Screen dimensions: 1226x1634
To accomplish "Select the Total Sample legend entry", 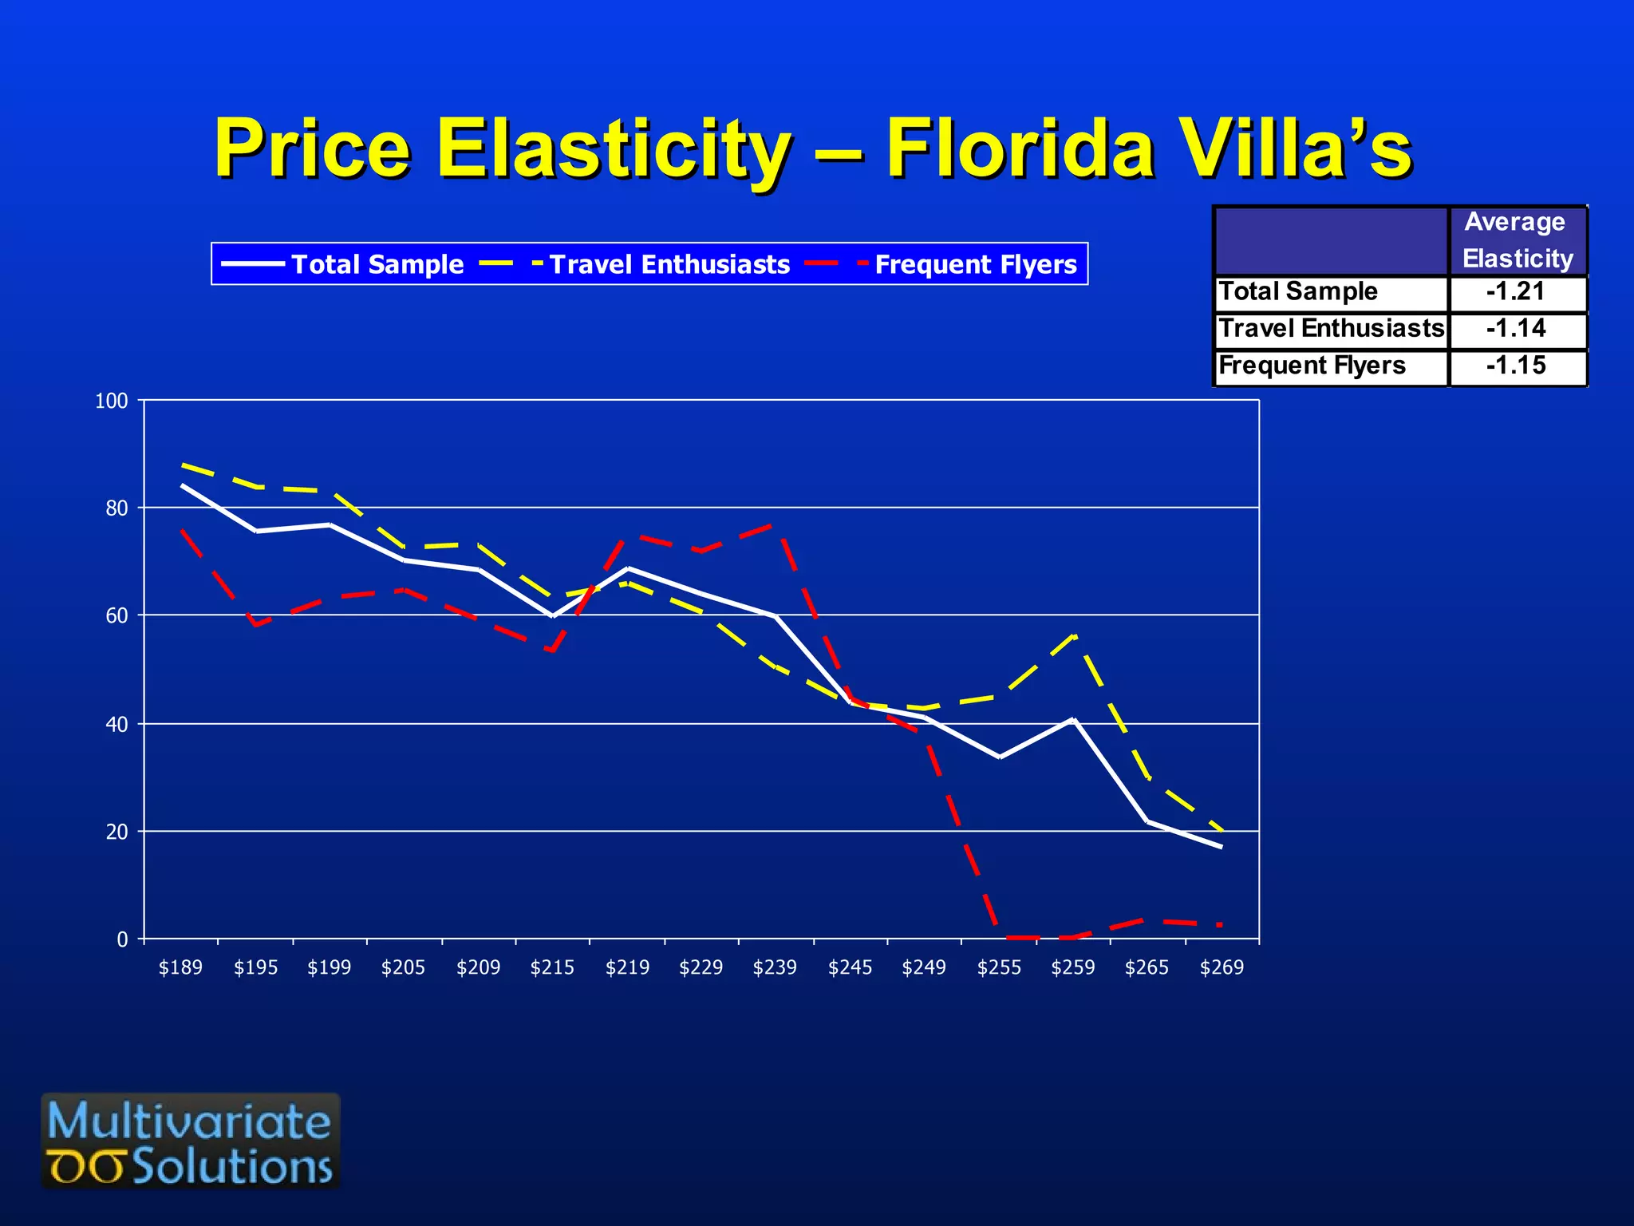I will pos(343,264).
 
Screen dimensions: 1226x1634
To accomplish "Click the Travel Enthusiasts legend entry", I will pos(636,264).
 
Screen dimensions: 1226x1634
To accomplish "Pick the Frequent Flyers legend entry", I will pos(942,264).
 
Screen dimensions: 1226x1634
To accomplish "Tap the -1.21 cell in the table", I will pos(1516,292).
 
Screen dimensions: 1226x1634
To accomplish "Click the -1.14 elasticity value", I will pos(1516,329).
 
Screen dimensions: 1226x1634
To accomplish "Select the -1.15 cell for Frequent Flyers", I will pos(1516,366).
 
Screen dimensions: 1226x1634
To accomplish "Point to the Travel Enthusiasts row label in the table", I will pos(1331,329).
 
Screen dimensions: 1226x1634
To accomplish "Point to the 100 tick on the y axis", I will pos(112,401).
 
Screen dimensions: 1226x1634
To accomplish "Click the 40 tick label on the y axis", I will pos(116,725).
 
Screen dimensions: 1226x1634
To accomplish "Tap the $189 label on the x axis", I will pos(180,968).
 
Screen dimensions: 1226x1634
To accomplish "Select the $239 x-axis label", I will pos(775,968).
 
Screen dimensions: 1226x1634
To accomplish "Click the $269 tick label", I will pos(1222,968).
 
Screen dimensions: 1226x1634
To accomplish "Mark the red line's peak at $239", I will pos(776,524).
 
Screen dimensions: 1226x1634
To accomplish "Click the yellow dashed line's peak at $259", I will pos(1074,636).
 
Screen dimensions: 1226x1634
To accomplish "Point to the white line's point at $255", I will pos(999,757).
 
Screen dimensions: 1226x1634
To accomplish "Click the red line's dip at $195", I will pos(255,625).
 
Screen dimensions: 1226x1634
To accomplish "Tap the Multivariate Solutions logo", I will pos(191,1141).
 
